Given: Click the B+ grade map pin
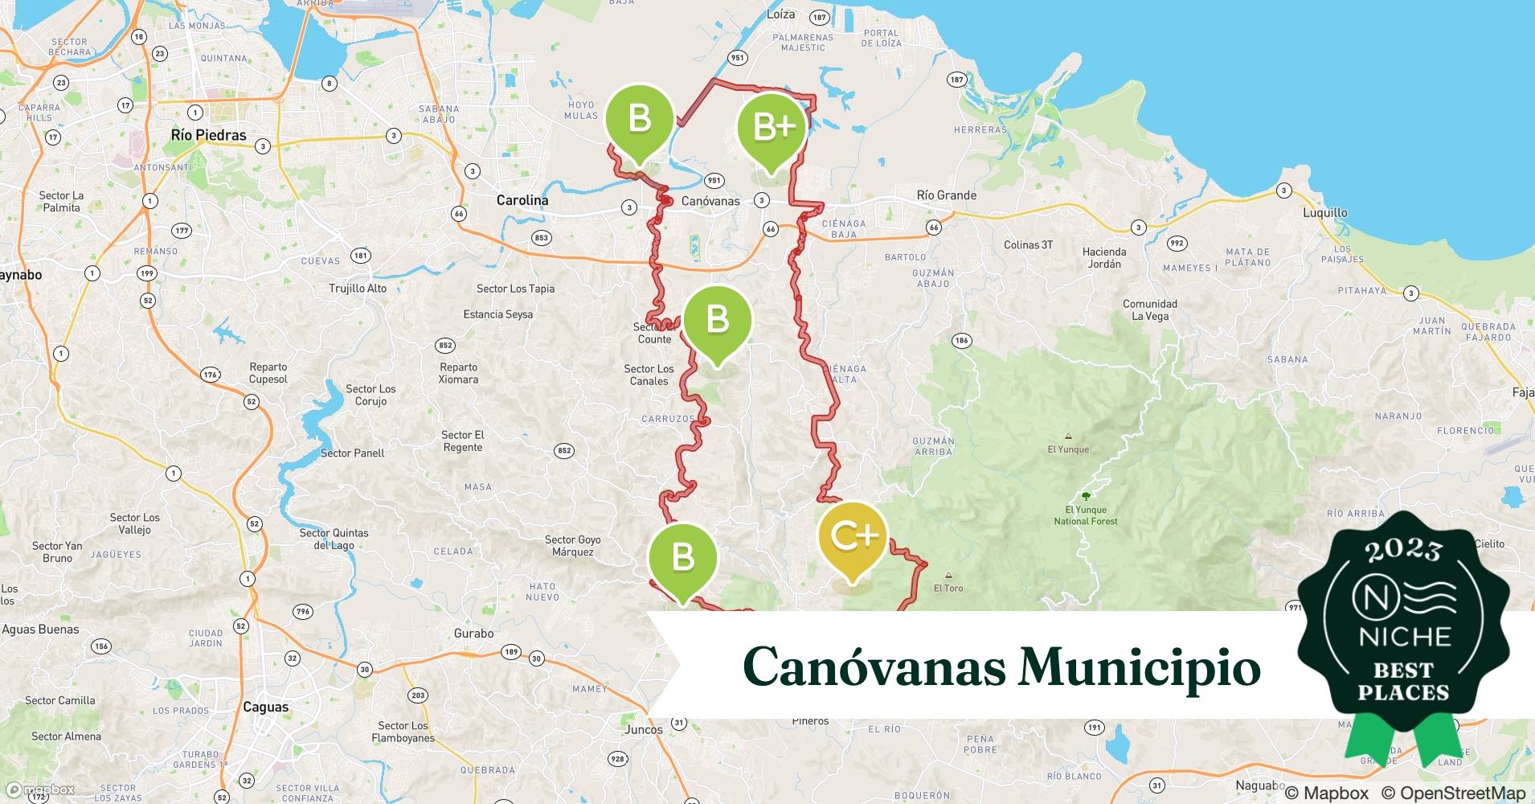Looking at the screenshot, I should point(772,127).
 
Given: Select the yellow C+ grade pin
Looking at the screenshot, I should point(852,535).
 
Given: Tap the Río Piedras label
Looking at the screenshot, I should point(208,135).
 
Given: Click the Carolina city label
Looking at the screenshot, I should point(522,200).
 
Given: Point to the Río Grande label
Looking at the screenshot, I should point(947,195).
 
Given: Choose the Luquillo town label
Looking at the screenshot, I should point(1324,213).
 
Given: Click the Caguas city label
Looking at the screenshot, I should point(265,707).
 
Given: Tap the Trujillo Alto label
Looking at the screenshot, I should point(358,289).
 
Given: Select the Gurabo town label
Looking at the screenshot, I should point(473,634).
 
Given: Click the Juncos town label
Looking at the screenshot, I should point(644,729).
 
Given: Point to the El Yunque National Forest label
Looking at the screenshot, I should point(1086,515).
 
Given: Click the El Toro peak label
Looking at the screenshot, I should point(948,588).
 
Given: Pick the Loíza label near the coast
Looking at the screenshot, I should point(780,14).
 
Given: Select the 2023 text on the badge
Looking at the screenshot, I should point(1403,550).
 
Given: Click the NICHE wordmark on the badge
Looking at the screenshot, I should point(1404,637).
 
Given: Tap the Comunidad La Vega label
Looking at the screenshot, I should point(1149,310).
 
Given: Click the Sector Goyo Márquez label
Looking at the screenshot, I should point(572,546).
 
